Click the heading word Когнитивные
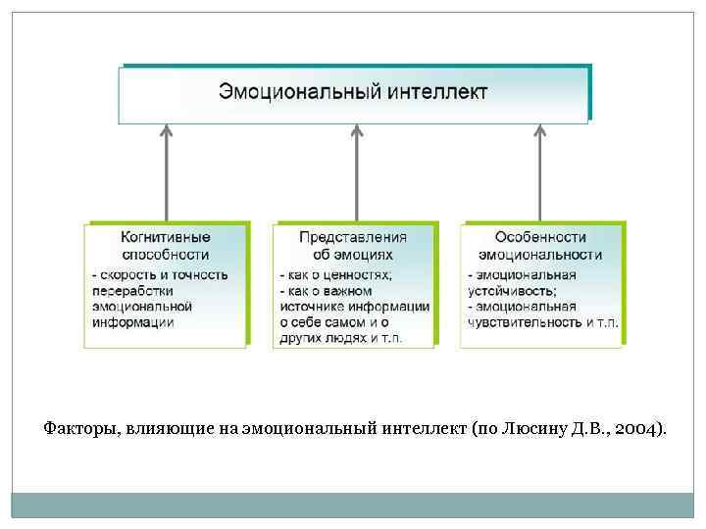[165, 237]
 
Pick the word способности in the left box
[165, 254]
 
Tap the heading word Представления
[353, 237]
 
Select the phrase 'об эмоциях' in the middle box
[353, 254]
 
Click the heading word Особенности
[540, 237]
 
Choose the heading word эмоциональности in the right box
[540, 254]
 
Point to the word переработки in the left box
[131, 290]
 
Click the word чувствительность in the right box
[521, 321]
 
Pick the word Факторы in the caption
[76, 428]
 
